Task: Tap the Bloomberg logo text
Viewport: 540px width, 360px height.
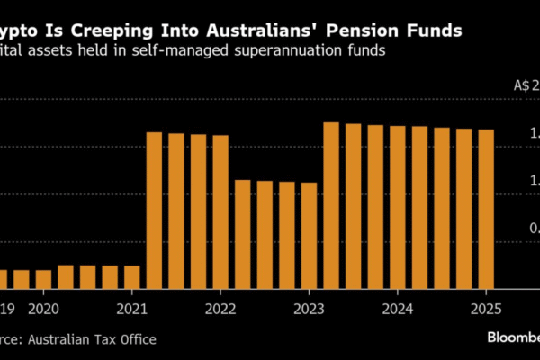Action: [x=513, y=337]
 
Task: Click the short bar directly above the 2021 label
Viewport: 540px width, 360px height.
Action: [x=132, y=276]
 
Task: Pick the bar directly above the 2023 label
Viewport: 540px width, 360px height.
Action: [x=309, y=235]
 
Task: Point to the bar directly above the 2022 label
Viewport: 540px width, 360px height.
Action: [x=220, y=211]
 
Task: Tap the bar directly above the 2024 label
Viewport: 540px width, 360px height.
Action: [x=397, y=207]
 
